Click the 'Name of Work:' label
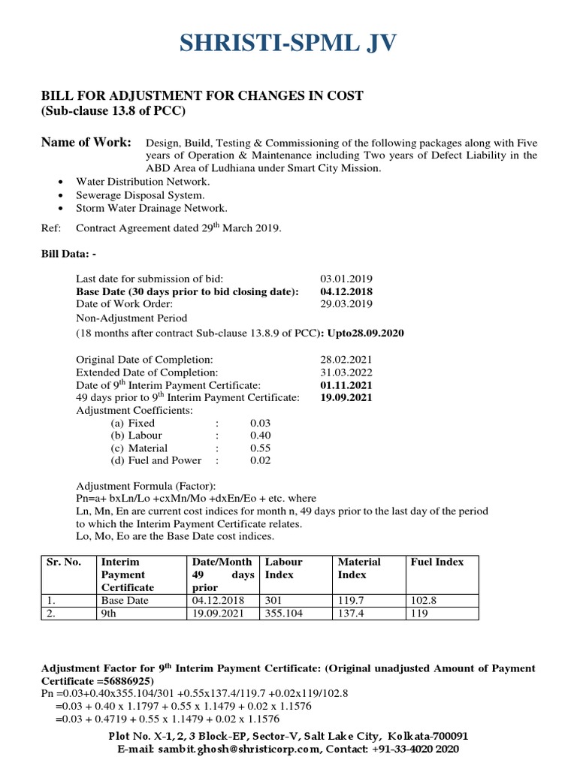(x=86, y=143)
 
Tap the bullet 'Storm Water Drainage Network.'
(x=151, y=208)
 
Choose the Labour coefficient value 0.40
(x=260, y=436)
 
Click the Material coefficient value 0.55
(x=260, y=448)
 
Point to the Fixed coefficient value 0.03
(x=260, y=423)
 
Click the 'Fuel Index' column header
(x=437, y=562)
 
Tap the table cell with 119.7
(x=352, y=601)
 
